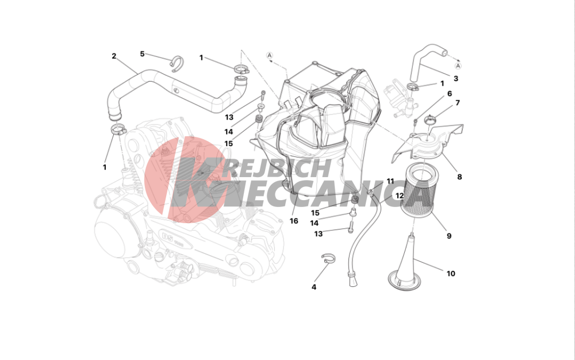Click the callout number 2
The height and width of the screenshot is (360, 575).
[114, 56]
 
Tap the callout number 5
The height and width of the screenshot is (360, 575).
[142, 54]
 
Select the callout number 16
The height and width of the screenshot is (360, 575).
[294, 221]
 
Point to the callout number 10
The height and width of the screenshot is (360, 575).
[451, 274]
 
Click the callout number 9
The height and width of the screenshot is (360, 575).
[449, 236]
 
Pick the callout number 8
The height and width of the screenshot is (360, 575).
[459, 177]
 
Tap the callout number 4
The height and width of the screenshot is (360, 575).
[314, 287]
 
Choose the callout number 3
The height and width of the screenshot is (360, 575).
[456, 78]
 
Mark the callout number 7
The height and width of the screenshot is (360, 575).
[457, 103]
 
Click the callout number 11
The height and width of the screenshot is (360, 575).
[390, 181]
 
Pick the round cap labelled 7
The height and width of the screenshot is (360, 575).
[429, 119]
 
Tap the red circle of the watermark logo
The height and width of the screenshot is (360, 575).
[185, 179]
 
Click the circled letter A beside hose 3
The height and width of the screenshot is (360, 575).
[458, 66]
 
